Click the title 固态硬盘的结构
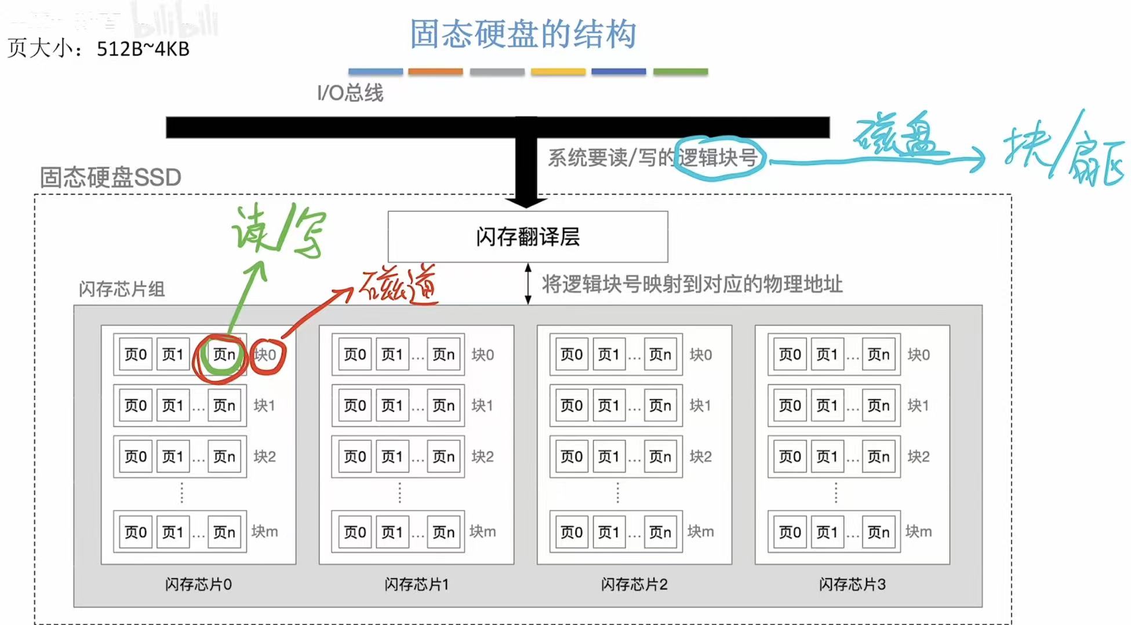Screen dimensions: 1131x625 click(x=523, y=34)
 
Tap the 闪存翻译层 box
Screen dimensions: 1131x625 click(x=528, y=236)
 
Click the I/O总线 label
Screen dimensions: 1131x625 click(x=350, y=93)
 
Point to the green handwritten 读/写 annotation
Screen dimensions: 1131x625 click(x=278, y=232)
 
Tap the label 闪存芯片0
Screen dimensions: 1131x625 click(x=198, y=584)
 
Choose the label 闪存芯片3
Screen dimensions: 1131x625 click(x=852, y=584)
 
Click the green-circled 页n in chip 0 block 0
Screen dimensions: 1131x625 click(x=224, y=354)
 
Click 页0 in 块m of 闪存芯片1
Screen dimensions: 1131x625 click(x=355, y=532)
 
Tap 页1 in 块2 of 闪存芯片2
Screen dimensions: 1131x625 click(x=609, y=456)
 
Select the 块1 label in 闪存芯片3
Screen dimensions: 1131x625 click(x=918, y=405)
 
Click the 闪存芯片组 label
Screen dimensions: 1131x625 click(x=122, y=288)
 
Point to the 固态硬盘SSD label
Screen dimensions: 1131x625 click(x=110, y=177)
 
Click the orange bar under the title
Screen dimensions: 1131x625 click(x=435, y=72)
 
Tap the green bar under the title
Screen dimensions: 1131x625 click(x=681, y=72)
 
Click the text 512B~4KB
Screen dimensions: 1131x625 click(x=143, y=49)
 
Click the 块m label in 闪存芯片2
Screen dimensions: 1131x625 click(x=700, y=531)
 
